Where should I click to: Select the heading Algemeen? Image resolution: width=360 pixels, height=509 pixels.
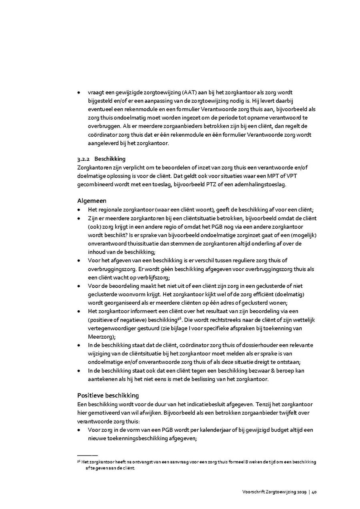coord(92,201)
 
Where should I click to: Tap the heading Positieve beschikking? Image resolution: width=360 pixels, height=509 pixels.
coord(108,395)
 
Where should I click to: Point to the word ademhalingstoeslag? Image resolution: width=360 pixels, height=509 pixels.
coord(262,184)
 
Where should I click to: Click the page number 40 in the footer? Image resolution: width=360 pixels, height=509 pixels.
coord(314,493)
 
